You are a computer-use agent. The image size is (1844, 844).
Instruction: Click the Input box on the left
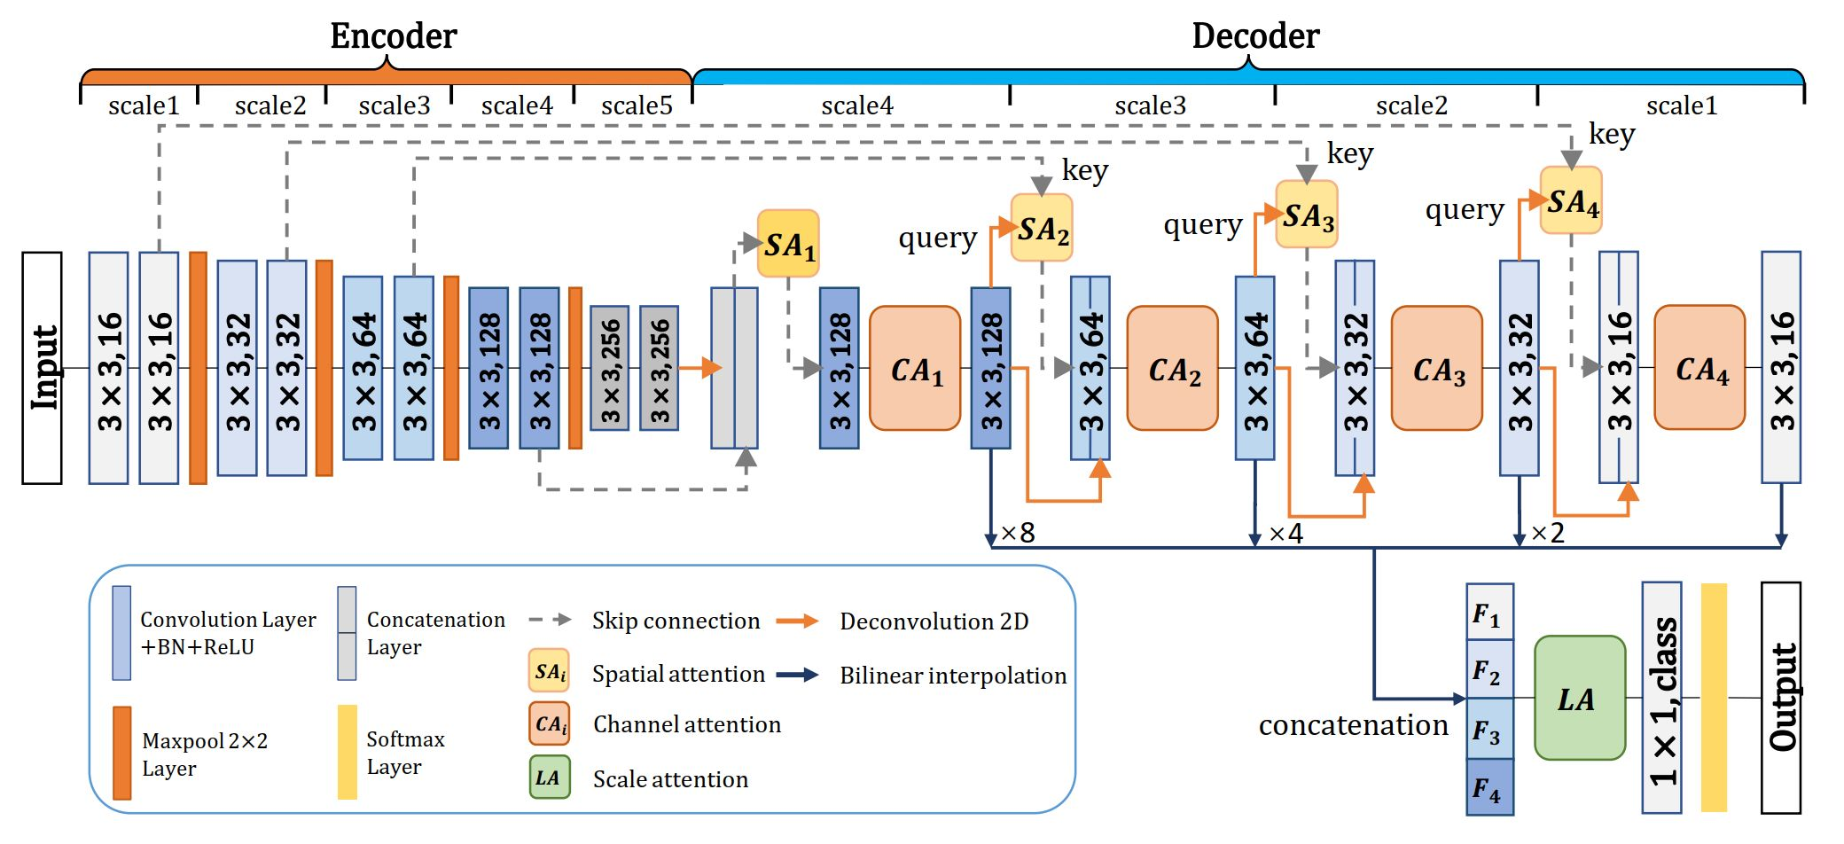click(42, 368)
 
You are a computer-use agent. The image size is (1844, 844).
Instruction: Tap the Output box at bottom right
click(1780, 697)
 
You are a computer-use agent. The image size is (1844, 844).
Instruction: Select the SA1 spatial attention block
click(788, 244)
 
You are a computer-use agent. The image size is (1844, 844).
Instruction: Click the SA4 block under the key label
click(1571, 201)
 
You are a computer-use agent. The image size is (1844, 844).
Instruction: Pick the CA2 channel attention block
click(1172, 369)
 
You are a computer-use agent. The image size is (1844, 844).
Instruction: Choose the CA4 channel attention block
click(1699, 368)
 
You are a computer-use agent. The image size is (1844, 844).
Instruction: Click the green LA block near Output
click(1579, 699)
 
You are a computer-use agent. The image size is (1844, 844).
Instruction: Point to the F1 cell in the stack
click(1489, 613)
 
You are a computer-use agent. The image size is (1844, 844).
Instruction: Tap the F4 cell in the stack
click(1489, 787)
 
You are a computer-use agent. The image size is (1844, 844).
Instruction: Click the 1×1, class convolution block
click(1661, 699)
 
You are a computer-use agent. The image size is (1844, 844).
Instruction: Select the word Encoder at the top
click(393, 35)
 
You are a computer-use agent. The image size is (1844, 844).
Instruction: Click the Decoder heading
click(1255, 35)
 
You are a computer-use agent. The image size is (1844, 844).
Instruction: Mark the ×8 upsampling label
click(1018, 533)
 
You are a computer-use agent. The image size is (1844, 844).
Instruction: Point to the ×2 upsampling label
click(1548, 533)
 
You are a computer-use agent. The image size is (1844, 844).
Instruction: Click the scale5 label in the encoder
click(636, 106)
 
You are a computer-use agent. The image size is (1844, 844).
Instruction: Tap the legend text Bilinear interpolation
click(953, 676)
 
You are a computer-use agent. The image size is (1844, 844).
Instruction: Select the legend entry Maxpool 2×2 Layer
click(204, 754)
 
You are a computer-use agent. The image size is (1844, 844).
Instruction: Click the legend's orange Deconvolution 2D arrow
click(797, 621)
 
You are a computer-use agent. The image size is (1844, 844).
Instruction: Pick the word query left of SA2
click(937, 238)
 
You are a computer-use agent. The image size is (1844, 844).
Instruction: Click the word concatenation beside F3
click(1353, 725)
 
